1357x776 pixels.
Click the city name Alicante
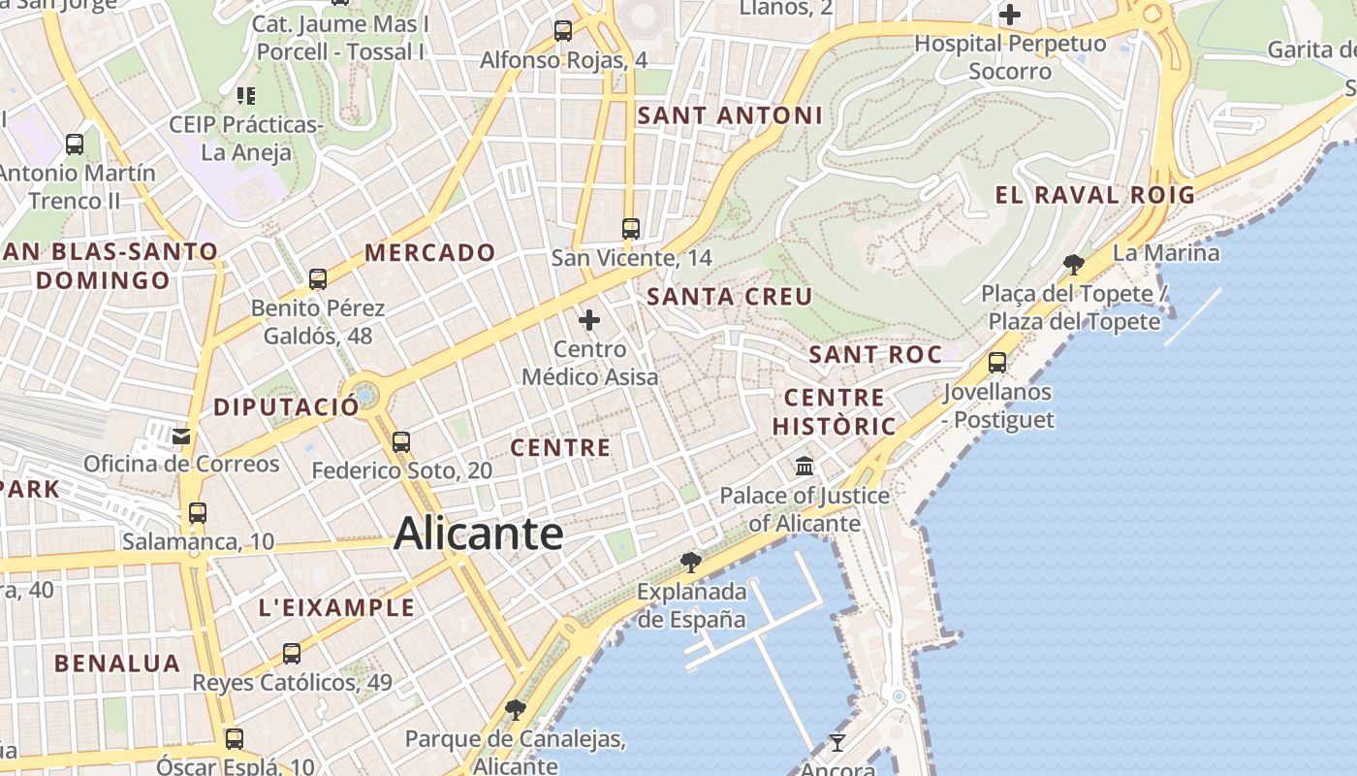point(479,534)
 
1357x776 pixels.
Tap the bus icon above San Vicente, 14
point(631,229)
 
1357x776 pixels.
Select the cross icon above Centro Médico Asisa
point(589,320)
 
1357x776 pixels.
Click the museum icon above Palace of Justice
point(805,467)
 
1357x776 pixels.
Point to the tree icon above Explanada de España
point(690,562)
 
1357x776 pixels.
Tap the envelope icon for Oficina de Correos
point(181,436)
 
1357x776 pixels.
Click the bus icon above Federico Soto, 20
point(401,442)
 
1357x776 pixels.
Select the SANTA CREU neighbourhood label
point(729,297)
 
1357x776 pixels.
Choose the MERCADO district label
point(430,253)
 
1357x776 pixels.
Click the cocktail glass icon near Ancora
point(837,743)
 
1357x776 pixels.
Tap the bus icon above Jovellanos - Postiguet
point(997,363)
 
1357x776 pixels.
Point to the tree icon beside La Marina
point(1073,264)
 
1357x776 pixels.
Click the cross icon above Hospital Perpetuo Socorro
point(1010,15)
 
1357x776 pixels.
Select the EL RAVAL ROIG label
point(1095,195)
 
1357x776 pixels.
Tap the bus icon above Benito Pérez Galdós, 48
point(318,279)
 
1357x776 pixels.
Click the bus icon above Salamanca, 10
point(198,513)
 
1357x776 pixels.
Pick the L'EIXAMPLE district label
point(336,608)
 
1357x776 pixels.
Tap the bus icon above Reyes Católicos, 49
point(292,654)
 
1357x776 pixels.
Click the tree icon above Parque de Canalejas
point(516,710)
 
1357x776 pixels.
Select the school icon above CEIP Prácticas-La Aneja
point(246,96)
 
